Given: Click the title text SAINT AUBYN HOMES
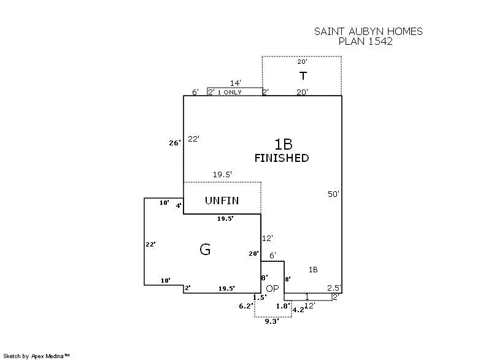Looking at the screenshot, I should pos(368,31).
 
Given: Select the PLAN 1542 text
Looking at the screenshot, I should pos(366,42).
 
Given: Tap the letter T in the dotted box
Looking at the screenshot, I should pos(303,76).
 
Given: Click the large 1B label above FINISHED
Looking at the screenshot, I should pos(283,144).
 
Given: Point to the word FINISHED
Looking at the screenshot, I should pos(282,158).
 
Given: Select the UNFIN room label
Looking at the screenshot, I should pos(222,201).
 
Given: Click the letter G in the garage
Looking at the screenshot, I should pos(205,249).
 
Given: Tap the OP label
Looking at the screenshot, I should pos(273,288).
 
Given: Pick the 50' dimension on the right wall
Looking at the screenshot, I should pos(333,194).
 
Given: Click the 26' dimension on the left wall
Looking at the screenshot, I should pos(175,143).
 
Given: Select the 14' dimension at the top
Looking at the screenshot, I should pos(235,83).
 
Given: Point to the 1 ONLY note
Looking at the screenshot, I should pos(230,92).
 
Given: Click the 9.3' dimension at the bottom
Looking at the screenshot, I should pos(271,321).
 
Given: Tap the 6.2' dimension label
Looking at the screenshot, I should pos(245,306).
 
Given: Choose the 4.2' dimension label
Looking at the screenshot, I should pos(298,310).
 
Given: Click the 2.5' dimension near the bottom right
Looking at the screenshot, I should pos(334,288).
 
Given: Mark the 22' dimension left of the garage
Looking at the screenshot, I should pos(150,244).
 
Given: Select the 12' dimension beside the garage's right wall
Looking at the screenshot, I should pos(268,238).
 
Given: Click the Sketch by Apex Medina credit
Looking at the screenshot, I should pos(37,355).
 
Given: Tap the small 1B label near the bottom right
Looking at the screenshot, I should pos(313,270).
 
